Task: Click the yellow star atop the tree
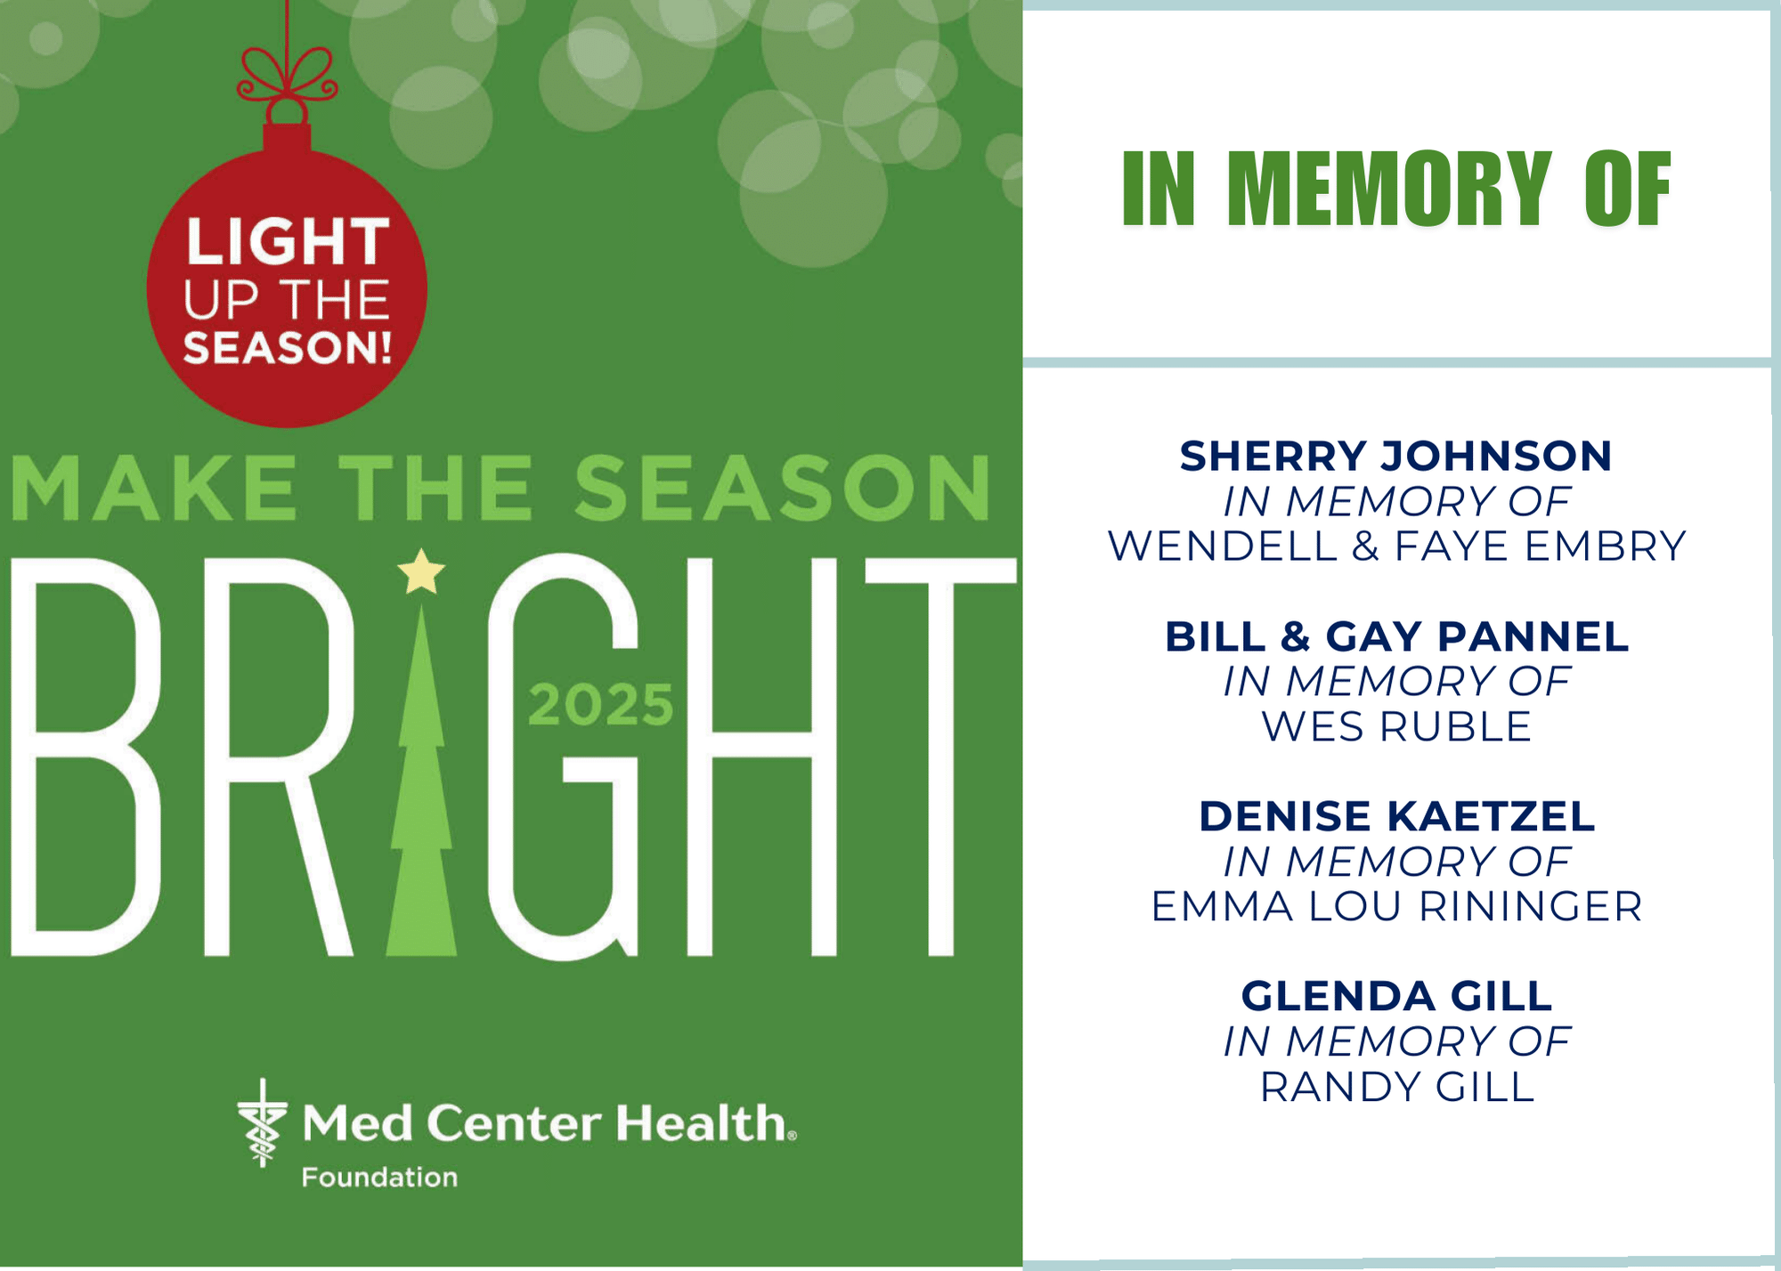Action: point(421,571)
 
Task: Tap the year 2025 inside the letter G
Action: point(601,706)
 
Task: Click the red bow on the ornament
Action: point(287,75)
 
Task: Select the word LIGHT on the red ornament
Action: point(288,241)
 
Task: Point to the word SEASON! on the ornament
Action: point(288,347)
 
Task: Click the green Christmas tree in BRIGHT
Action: point(421,779)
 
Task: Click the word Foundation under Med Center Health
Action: point(379,1178)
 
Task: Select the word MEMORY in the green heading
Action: point(1389,188)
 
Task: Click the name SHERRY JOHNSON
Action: point(1396,456)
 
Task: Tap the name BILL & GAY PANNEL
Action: point(1397,636)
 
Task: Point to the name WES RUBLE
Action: point(1397,726)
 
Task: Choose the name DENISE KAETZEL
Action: point(1397,816)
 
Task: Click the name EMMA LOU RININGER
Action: point(1397,906)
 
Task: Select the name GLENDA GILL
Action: point(1397,996)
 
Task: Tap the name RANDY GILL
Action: point(1397,1087)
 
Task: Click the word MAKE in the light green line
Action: point(154,488)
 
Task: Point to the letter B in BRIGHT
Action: point(85,757)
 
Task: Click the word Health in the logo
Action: point(703,1122)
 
